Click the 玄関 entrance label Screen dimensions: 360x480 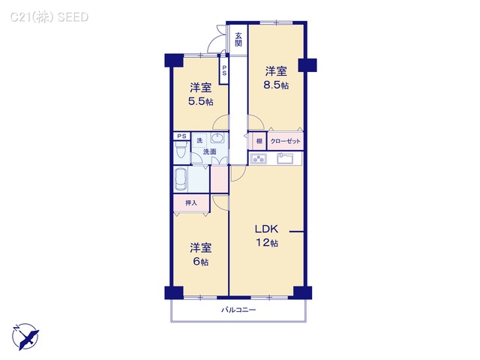tap(238, 39)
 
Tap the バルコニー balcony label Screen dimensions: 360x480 tap(238, 310)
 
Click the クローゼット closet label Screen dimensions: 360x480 tap(285, 141)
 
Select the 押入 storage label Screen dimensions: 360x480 tap(191, 202)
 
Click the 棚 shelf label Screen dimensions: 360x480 tap(258, 141)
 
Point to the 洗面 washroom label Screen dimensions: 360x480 tap(209, 152)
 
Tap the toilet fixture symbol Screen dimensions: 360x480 tap(181, 151)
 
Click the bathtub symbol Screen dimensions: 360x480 tap(184, 180)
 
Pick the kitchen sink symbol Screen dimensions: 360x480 tap(286, 159)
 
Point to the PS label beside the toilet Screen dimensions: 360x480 tap(181, 136)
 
